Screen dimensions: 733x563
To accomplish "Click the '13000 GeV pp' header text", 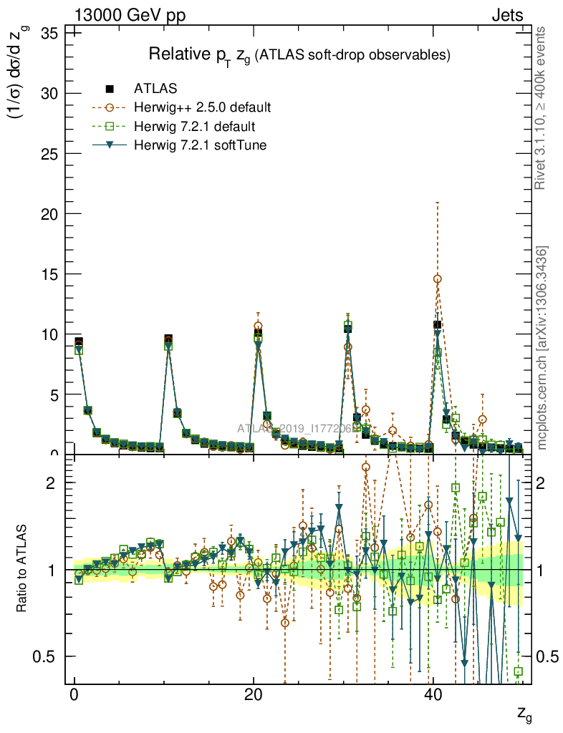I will click(130, 15).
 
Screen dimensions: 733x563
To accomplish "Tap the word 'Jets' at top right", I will click(506, 15).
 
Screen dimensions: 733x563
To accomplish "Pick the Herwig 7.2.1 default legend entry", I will click(194, 127).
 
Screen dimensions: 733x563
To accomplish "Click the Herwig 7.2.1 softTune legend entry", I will click(198, 145).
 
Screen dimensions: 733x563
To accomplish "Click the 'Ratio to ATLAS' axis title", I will click(22, 570).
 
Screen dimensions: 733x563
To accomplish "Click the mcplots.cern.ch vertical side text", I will click(542, 348).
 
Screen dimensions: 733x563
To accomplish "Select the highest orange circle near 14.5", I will click(438, 279).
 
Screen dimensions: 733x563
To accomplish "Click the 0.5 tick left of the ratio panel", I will click(47, 656).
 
